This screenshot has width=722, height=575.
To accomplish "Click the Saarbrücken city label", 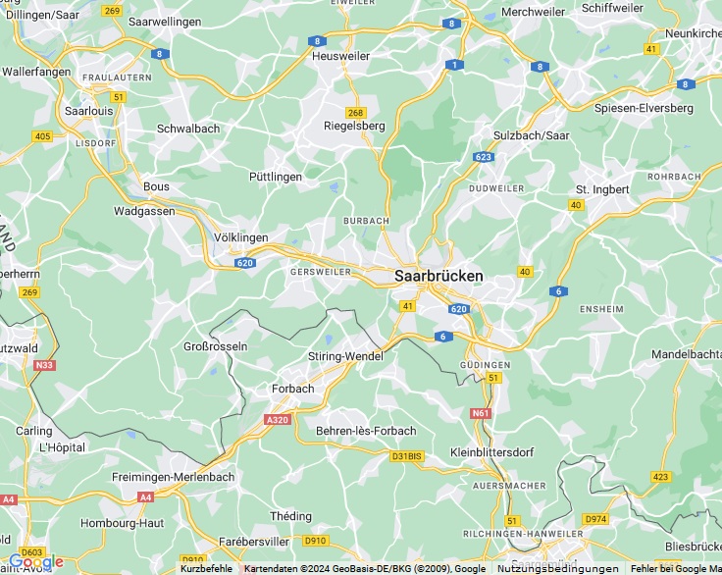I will (438, 277).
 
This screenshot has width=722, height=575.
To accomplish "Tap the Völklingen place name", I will (240, 237).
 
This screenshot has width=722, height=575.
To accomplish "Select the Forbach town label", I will (292, 389).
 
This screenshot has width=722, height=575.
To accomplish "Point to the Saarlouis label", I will (87, 111).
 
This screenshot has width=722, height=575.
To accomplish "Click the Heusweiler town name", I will (339, 56).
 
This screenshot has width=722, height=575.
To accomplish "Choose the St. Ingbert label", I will (602, 188).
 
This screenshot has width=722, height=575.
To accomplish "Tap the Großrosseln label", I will (216, 346).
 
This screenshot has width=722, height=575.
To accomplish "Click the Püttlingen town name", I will (275, 176).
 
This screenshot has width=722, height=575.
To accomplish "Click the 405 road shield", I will (42, 136).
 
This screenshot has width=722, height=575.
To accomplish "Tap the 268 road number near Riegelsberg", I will (355, 112).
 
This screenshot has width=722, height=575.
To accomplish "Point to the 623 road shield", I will (483, 157).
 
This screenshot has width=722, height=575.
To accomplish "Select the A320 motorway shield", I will (277, 419).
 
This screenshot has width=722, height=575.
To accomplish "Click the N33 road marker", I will (44, 365).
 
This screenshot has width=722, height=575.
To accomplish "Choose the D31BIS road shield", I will (406, 456).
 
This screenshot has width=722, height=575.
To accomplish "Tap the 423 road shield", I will (660, 477).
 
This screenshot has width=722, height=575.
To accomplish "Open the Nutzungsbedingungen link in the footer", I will (557, 569).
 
